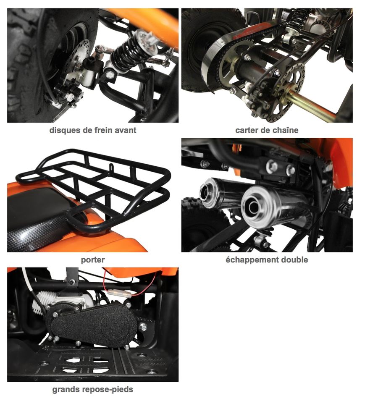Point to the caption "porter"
coord(92,260)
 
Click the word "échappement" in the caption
coord(252,260)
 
